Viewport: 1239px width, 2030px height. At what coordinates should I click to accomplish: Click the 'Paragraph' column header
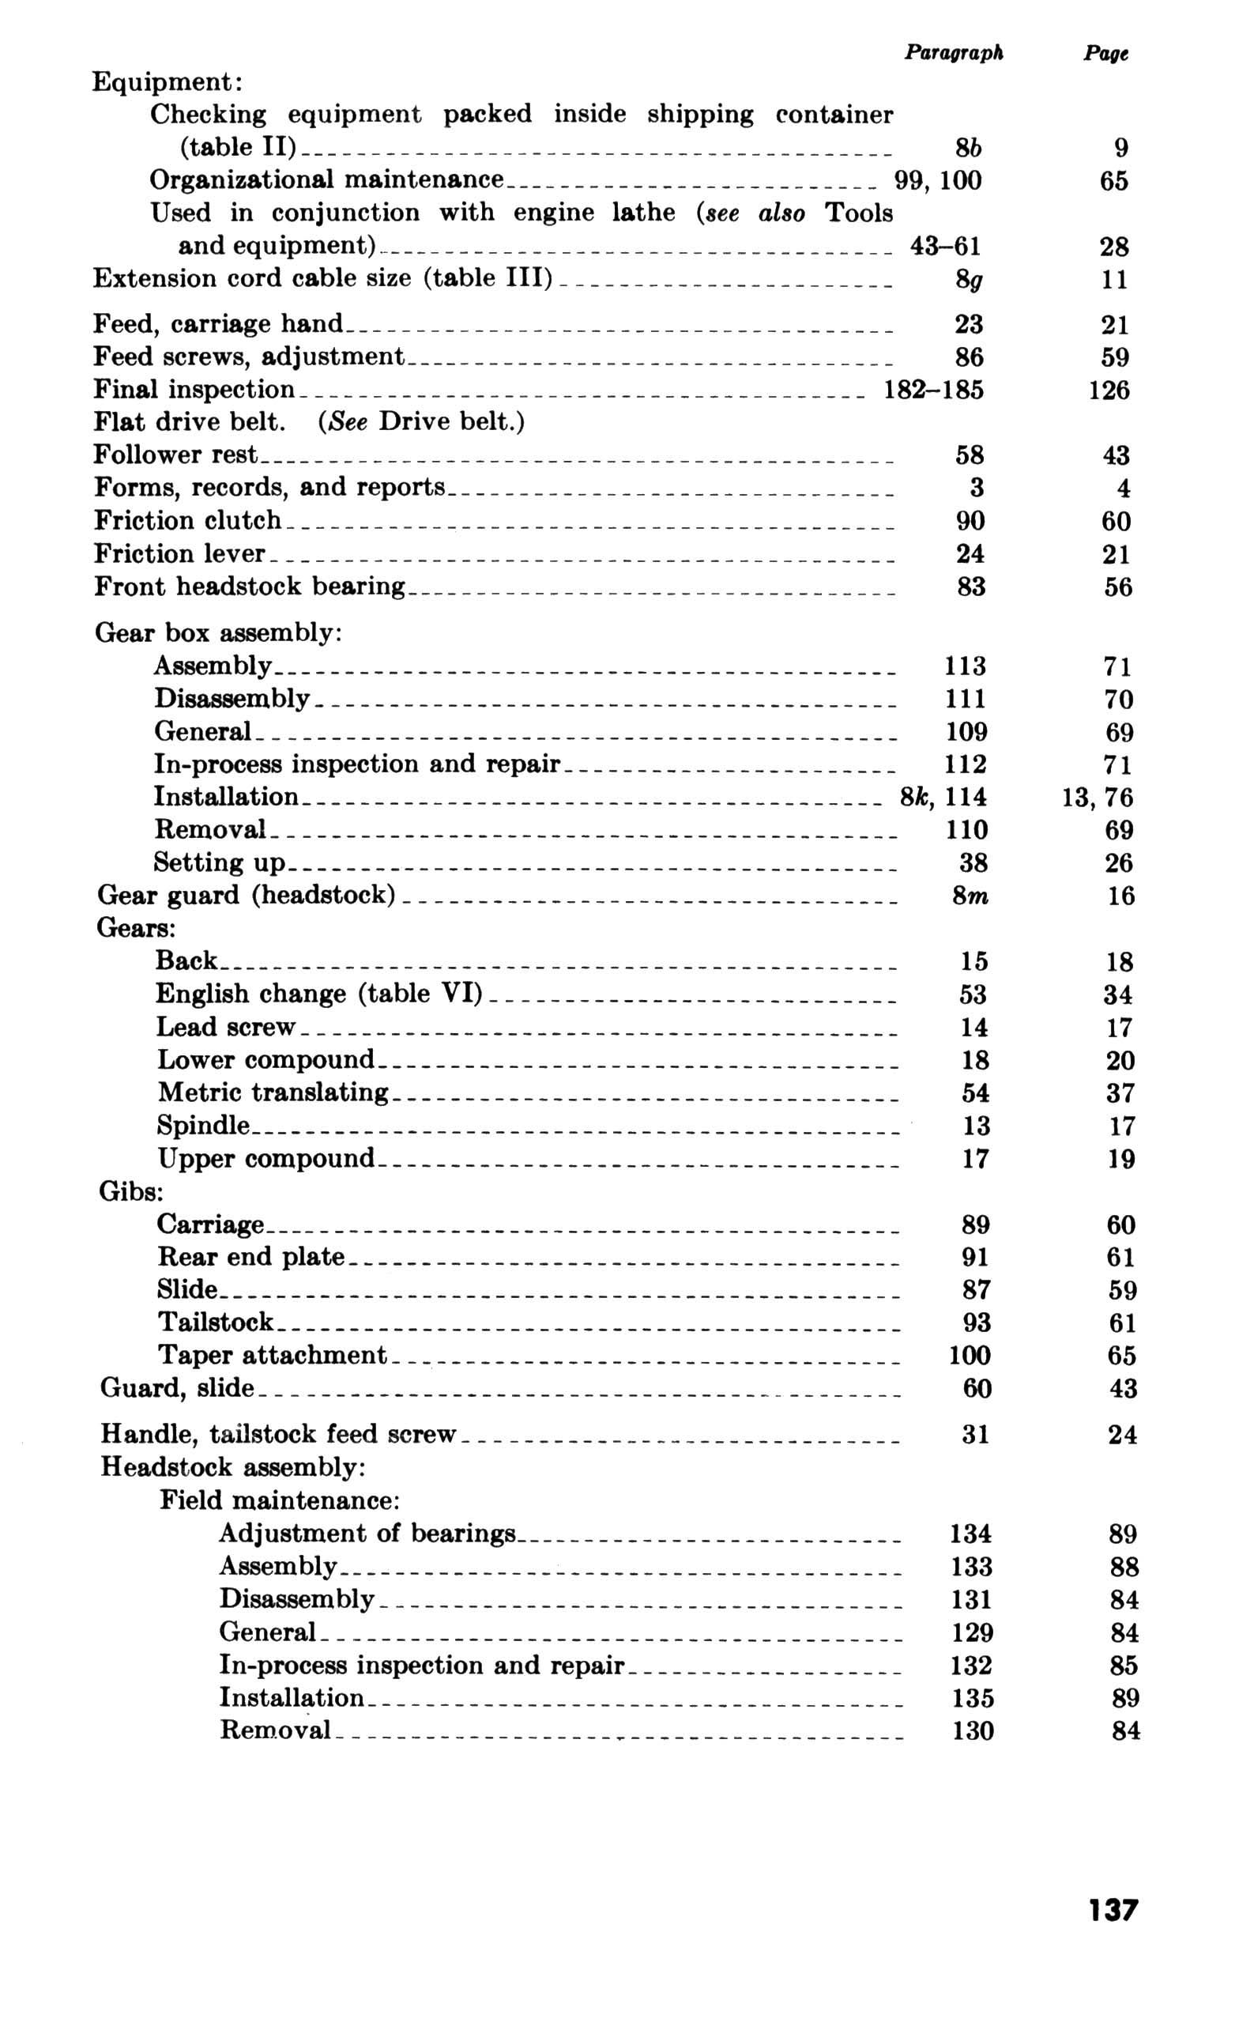pos(953,53)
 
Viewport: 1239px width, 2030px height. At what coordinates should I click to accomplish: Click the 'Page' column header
pos(1105,54)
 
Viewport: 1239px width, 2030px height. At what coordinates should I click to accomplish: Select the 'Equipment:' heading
pos(167,82)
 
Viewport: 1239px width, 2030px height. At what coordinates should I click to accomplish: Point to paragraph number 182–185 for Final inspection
pos(932,390)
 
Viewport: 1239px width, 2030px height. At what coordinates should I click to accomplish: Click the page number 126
pos(1109,390)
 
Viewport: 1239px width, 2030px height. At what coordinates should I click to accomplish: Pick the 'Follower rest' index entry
pos(175,455)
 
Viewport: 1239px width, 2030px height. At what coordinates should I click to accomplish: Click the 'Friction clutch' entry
pos(188,521)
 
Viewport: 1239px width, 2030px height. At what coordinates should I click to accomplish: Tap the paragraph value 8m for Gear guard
pos(970,896)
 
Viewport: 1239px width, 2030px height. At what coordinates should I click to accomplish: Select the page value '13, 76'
pos(1098,798)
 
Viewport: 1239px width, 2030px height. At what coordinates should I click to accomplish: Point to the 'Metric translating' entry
pos(273,1092)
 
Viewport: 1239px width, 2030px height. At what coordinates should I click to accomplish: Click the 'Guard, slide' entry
pos(177,1388)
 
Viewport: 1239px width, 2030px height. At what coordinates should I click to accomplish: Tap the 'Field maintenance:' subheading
pos(280,1500)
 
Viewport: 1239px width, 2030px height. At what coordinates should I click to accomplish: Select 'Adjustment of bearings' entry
pos(367,1534)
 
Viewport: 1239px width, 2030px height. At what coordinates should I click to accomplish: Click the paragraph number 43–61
pos(945,247)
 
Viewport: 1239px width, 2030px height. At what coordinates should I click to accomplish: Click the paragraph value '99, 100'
pos(937,180)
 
